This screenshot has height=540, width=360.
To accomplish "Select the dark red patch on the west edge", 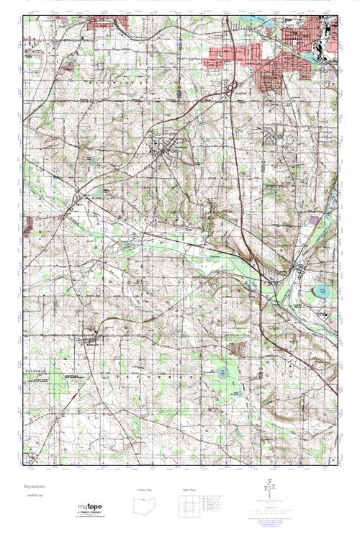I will click(x=28, y=228).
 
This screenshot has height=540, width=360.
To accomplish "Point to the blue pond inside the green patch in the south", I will click(x=222, y=374).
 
